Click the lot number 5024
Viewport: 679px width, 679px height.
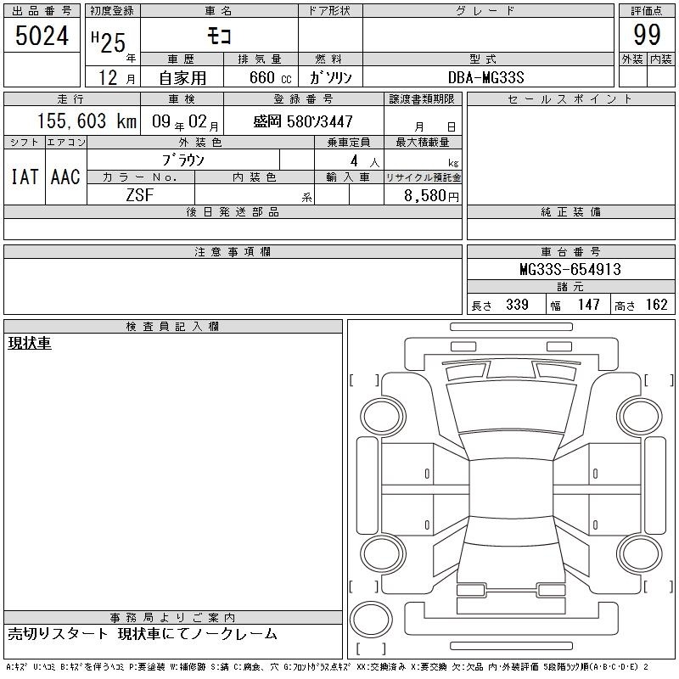click(x=42, y=36)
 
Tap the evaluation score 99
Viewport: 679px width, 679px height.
click(x=647, y=35)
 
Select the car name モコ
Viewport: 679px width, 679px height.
click(x=219, y=36)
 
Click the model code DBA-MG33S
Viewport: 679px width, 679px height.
click(x=485, y=77)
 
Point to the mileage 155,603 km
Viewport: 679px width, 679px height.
click(x=87, y=121)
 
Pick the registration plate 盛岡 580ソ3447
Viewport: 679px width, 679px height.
click(x=303, y=121)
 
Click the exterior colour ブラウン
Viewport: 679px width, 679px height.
click(x=182, y=160)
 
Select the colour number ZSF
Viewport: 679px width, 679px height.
click(x=139, y=195)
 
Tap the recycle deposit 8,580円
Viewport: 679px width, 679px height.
click(x=431, y=196)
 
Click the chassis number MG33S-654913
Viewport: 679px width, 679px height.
click(x=570, y=269)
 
